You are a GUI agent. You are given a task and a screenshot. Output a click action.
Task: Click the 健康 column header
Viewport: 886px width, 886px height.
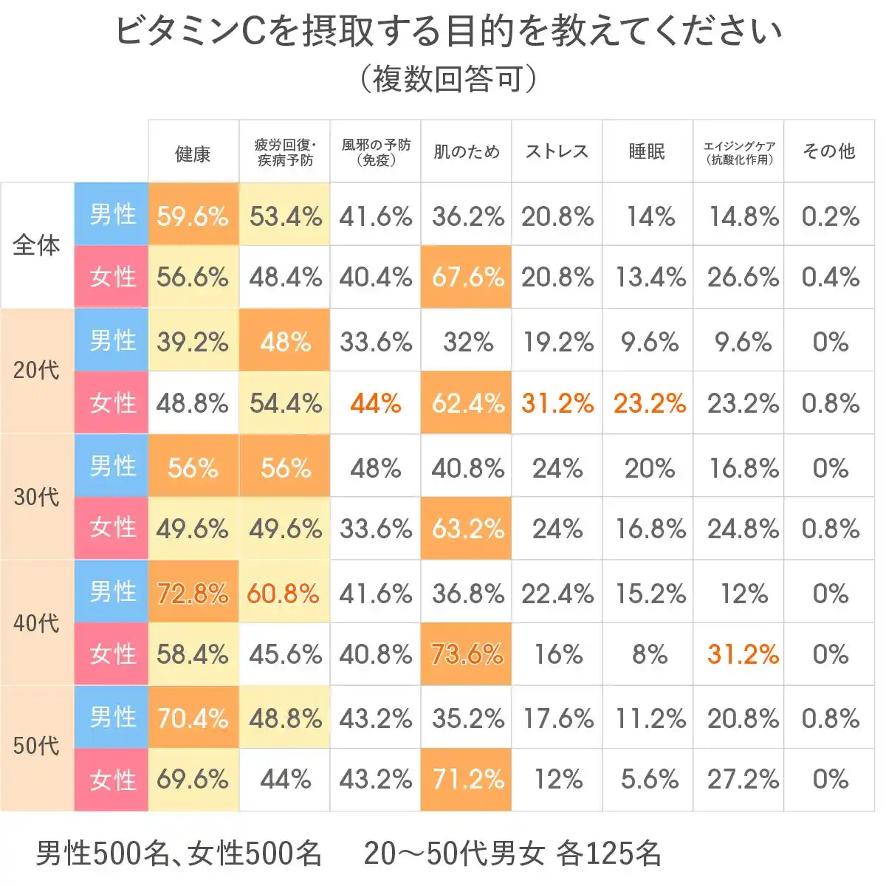click(x=193, y=154)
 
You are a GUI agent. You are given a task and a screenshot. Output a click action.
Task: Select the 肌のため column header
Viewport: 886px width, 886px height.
click(x=466, y=152)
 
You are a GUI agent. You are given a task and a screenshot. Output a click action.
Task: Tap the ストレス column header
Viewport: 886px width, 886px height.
click(x=557, y=152)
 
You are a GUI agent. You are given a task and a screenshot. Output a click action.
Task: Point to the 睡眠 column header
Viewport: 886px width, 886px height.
click(x=647, y=152)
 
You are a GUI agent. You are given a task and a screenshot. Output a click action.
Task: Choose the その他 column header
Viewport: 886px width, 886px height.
click(x=828, y=152)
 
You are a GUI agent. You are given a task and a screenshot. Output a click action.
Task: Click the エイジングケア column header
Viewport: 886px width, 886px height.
click(x=738, y=152)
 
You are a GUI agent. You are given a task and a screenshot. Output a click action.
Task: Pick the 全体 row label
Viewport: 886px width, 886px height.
click(x=36, y=245)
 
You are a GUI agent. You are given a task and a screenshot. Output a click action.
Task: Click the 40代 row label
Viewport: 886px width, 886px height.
click(x=36, y=623)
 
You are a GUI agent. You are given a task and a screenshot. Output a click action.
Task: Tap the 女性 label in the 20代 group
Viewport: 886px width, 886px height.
click(x=112, y=403)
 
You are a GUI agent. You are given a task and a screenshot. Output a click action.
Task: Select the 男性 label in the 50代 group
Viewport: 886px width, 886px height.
click(x=112, y=718)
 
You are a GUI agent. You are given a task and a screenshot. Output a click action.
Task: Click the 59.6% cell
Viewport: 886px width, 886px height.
click(x=193, y=216)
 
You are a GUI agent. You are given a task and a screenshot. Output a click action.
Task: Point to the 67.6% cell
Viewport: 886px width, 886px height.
click(x=467, y=278)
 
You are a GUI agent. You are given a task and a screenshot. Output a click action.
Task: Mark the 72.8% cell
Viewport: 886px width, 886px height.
click(x=193, y=594)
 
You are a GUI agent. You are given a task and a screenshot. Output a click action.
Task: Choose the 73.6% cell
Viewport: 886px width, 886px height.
click(x=467, y=655)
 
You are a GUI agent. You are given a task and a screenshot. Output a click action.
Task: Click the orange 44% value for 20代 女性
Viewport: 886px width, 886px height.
click(x=376, y=403)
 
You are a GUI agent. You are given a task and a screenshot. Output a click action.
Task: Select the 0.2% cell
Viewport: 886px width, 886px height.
click(x=830, y=216)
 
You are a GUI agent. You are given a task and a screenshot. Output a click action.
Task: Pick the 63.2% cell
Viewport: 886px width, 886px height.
click(x=467, y=529)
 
